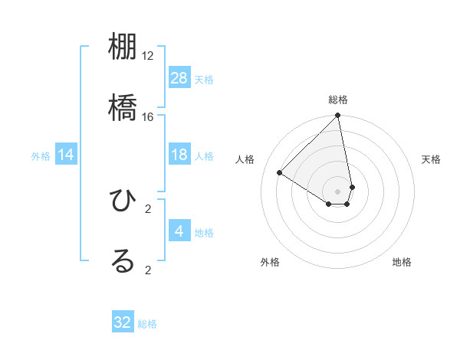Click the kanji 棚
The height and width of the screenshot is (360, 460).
pyautogui.click(x=123, y=49)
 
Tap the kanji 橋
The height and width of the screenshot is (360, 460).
pyautogui.click(x=123, y=106)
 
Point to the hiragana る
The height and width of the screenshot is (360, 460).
pyautogui.click(x=123, y=260)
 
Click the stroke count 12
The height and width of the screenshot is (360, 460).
pyautogui.click(x=148, y=56)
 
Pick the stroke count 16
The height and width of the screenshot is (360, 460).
pyautogui.click(x=148, y=116)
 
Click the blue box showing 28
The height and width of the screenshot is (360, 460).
pyautogui.click(x=179, y=78)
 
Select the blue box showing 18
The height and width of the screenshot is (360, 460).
pyautogui.click(x=179, y=155)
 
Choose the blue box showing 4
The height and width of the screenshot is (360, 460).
pyautogui.click(x=179, y=231)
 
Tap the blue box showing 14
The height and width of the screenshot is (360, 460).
pyautogui.click(x=66, y=155)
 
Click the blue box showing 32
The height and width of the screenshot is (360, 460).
pyautogui.click(x=123, y=322)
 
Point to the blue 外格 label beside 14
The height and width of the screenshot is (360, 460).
pyautogui.click(x=41, y=156)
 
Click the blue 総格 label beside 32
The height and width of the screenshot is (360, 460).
pyautogui.click(x=147, y=324)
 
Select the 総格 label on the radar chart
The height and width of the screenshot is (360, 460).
pyautogui.click(x=338, y=100)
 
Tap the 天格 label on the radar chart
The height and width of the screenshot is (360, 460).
pyautogui.click(x=431, y=159)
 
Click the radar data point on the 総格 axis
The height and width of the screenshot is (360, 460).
pyautogui.click(x=338, y=116)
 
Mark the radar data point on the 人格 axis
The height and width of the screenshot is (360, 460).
pyautogui.click(x=280, y=173)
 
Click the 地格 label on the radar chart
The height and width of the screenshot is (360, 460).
pyautogui.click(x=402, y=262)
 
